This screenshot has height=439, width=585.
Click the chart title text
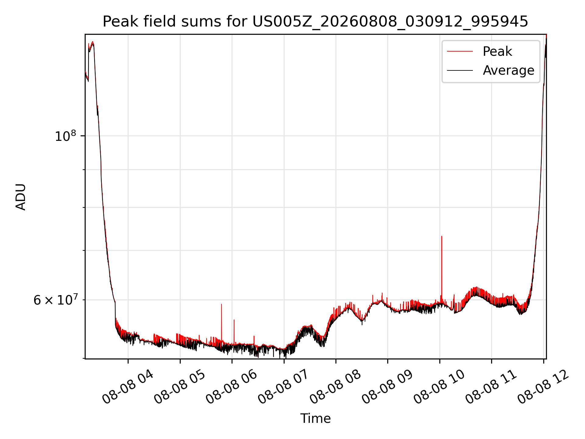click(x=315, y=22)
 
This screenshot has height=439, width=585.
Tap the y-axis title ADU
click(x=21, y=197)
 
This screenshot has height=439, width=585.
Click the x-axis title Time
click(x=315, y=419)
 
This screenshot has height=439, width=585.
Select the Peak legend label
click(x=497, y=52)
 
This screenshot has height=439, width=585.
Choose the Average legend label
click(x=509, y=70)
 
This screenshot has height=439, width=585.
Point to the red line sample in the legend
click(x=460, y=52)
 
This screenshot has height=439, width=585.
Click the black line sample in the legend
click(x=460, y=70)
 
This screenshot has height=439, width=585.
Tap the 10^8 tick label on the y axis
click(x=65, y=136)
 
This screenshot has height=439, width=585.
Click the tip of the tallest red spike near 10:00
click(x=441, y=236)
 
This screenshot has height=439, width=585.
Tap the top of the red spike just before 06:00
click(x=222, y=304)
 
